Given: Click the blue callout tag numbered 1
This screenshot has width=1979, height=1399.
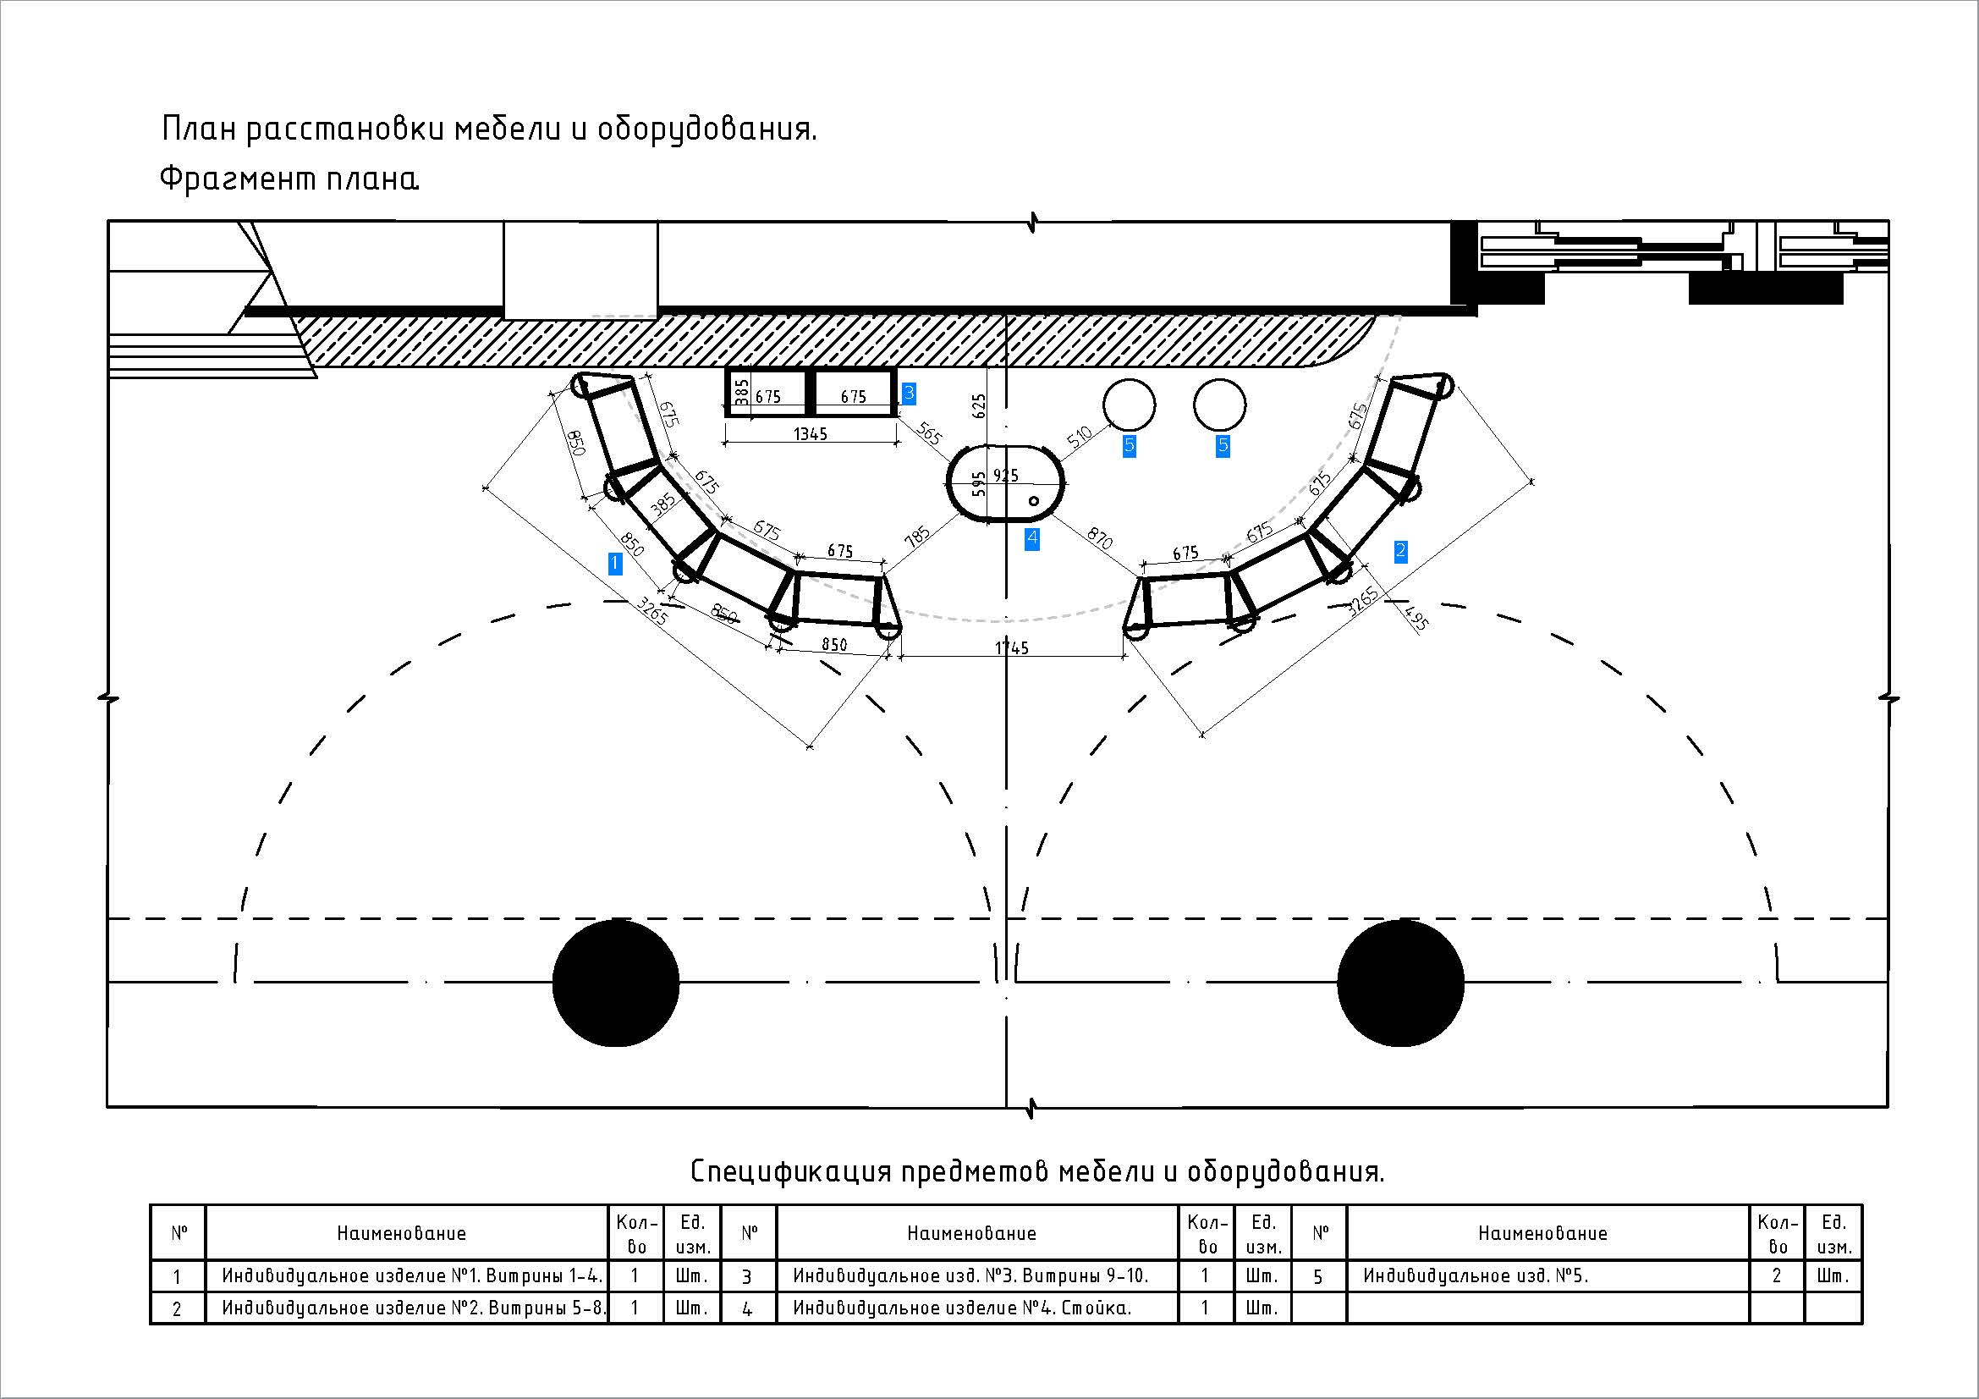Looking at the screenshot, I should [614, 564].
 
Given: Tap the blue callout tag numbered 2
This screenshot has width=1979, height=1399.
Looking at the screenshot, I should [1400, 551].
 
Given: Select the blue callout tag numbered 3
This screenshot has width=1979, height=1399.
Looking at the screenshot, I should [909, 394].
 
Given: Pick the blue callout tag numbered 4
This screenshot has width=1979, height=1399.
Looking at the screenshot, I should [1031, 540].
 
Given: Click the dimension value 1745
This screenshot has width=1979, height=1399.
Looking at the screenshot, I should [1012, 648].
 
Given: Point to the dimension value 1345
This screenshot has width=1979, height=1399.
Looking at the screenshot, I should [811, 433].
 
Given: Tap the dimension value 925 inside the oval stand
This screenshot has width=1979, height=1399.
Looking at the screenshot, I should [1006, 476].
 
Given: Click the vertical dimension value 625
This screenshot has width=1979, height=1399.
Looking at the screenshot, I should [978, 407].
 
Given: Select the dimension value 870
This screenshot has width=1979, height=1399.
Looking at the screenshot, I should [1100, 539].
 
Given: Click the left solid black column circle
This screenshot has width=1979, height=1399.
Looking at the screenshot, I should [615, 983].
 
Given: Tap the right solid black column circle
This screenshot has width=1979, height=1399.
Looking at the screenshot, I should [1400, 983].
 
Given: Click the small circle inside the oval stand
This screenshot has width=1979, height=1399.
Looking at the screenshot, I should [1034, 501].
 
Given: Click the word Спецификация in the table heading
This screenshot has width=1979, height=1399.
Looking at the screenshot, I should [790, 1172].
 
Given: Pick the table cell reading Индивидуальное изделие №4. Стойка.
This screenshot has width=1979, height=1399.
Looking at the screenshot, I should [962, 1308].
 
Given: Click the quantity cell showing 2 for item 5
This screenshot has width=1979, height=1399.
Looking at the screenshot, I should [1777, 1275].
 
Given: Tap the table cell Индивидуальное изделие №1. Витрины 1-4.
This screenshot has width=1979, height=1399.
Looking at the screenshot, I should [412, 1275].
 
